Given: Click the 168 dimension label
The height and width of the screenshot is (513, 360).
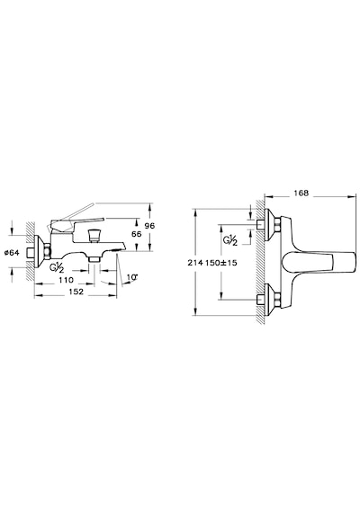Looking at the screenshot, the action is [x=301, y=193].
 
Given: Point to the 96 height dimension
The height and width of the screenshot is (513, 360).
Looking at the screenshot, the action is [x=149, y=226].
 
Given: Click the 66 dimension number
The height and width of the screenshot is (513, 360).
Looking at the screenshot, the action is [x=137, y=234].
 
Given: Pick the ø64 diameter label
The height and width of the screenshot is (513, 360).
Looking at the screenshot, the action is [x=12, y=252].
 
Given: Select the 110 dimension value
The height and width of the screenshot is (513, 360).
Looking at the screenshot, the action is [x=66, y=280].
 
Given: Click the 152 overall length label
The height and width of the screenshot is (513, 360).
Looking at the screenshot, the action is [x=76, y=292].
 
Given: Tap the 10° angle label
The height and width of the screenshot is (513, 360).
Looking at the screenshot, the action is [x=132, y=277].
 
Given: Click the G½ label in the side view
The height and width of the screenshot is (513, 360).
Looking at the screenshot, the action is [x=57, y=266].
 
